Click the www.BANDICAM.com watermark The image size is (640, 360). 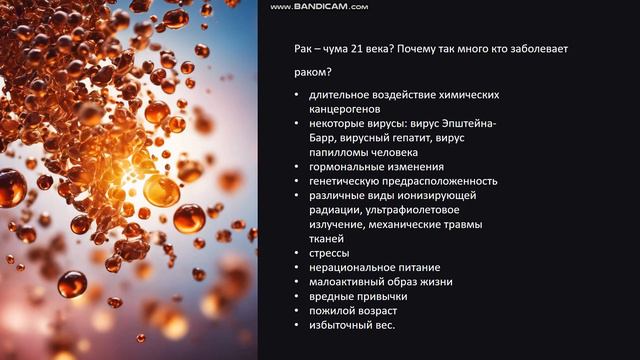pyautogui.click(x=319, y=6)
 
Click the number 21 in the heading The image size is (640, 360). pyautogui.click(x=345, y=48)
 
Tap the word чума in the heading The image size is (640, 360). pyautogui.click(x=318, y=48)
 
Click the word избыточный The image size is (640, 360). pyautogui.click(x=341, y=326)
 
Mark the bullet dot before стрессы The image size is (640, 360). pyautogui.click(x=297, y=254)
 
